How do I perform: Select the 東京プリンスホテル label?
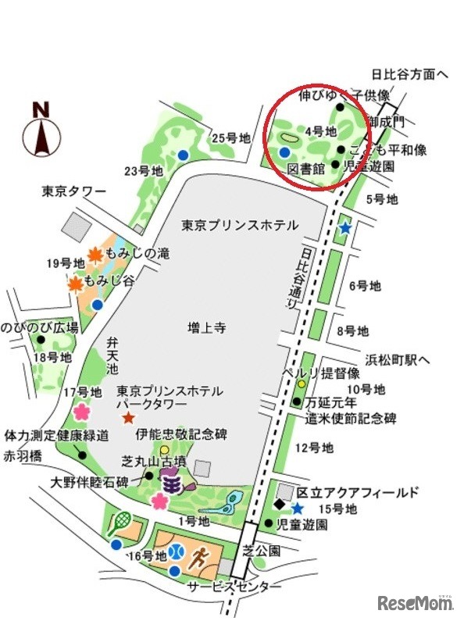[x=240, y=225]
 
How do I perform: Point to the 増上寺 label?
[x=207, y=328]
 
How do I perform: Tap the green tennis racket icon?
[x=121, y=520]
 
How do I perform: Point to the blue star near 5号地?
[x=344, y=228]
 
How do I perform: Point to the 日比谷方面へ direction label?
[x=409, y=75]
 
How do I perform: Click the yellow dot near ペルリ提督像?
[x=301, y=384]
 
